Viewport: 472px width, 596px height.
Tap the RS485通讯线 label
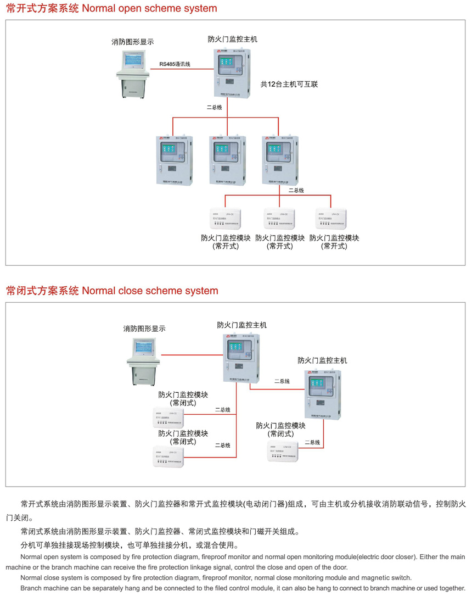pos(175,64)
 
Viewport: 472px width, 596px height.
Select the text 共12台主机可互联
pos(289,85)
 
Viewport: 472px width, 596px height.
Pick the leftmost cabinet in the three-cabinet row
pos(175,159)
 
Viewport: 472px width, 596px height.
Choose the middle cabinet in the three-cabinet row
pos(227,159)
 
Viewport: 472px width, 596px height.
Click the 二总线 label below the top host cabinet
pos(215,107)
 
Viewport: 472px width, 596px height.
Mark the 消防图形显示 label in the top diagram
pos(132,42)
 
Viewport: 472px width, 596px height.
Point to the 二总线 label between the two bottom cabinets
pos(282,381)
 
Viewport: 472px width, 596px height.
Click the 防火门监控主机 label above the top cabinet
pos(232,40)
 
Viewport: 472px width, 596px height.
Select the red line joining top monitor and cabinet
pos(181,69)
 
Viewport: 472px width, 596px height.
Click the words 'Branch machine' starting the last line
pos(44,588)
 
